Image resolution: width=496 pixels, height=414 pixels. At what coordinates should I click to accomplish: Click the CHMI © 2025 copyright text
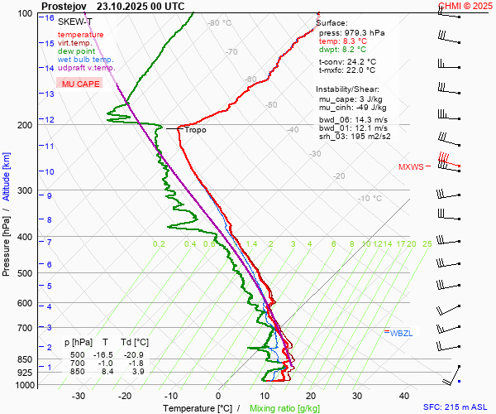(465, 5)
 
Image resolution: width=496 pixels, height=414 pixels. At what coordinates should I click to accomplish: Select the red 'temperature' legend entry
(81, 35)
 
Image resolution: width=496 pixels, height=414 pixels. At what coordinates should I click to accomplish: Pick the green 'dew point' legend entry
(75, 51)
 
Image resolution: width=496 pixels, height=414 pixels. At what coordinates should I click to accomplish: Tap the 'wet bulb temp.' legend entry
(86, 60)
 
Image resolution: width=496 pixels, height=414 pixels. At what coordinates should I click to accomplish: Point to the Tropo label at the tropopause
(195, 130)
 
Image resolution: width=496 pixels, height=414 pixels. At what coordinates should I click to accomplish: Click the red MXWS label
(411, 166)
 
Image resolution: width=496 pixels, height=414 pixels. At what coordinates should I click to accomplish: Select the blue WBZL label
(401, 333)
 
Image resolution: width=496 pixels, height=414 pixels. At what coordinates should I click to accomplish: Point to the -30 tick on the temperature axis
(79, 397)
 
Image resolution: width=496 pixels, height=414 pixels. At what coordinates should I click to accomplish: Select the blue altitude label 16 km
(50, 18)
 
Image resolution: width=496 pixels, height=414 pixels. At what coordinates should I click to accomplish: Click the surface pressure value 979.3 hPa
(364, 32)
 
